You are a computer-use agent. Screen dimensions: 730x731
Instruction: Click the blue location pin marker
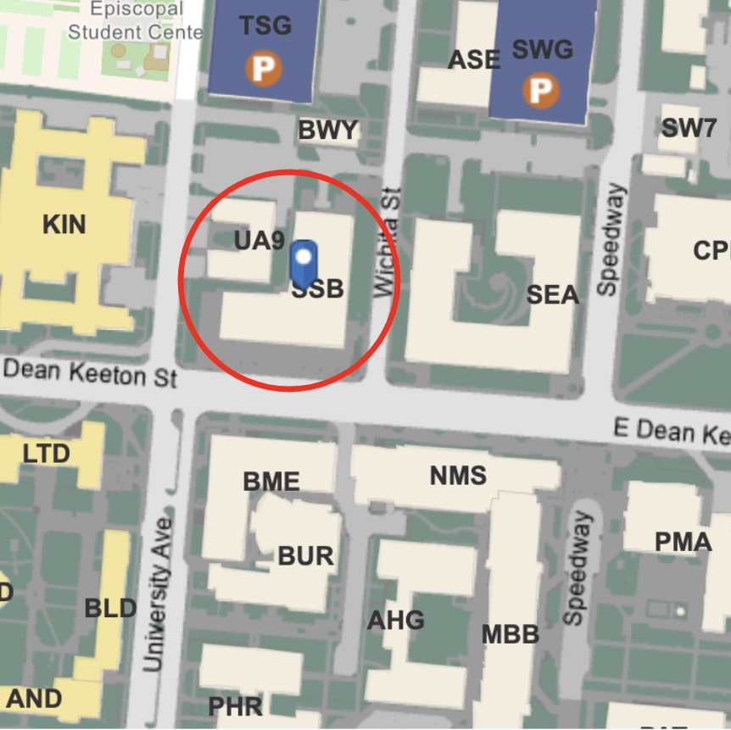pyautogui.click(x=304, y=261)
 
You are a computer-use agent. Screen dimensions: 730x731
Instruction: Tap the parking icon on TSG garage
pyautogui.click(x=263, y=69)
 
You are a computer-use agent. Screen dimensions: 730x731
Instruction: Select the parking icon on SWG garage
pyautogui.click(x=540, y=89)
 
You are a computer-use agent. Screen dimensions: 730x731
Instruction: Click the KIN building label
pyautogui.click(x=64, y=225)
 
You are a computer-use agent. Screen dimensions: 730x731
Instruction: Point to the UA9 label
pyautogui.click(x=259, y=241)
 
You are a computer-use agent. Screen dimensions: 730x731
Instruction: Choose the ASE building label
pyautogui.click(x=474, y=59)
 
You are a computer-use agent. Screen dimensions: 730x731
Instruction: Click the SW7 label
pyautogui.click(x=689, y=128)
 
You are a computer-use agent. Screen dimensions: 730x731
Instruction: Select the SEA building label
pyautogui.click(x=553, y=295)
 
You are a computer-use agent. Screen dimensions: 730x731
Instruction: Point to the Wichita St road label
pyautogui.click(x=386, y=242)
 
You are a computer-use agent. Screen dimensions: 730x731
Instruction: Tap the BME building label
pyautogui.click(x=271, y=482)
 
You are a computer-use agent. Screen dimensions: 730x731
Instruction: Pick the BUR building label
pyautogui.click(x=305, y=556)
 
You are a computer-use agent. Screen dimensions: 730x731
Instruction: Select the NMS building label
pyautogui.click(x=458, y=476)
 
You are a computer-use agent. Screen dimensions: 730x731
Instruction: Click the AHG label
pyautogui.click(x=395, y=620)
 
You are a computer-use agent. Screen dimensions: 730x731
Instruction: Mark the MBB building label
pyautogui.click(x=511, y=633)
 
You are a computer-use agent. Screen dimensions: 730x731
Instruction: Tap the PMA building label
pyautogui.click(x=683, y=541)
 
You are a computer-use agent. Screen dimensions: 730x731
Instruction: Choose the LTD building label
pyautogui.click(x=46, y=454)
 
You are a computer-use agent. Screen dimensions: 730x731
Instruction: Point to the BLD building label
pyautogui.click(x=110, y=608)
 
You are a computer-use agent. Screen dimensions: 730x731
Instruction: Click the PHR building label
pyautogui.click(x=235, y=705)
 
